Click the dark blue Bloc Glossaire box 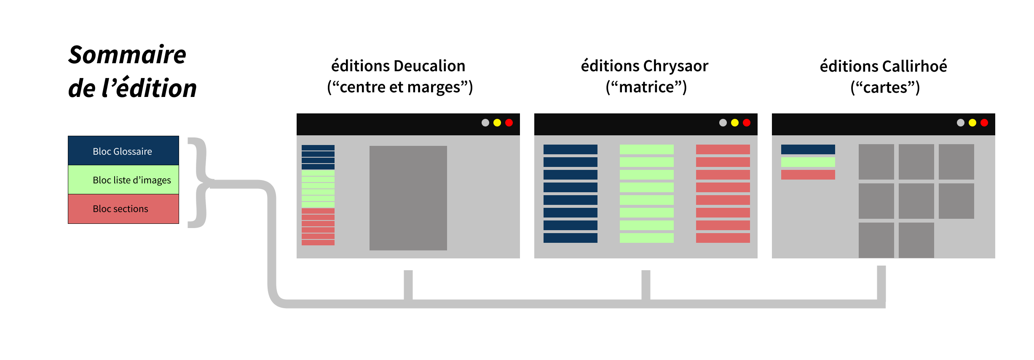123,150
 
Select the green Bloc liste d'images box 123,180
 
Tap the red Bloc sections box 123,209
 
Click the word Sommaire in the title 127,55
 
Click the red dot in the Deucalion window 509,123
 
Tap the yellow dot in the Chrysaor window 735,123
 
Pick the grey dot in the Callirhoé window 961,123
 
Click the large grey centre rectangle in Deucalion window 408,198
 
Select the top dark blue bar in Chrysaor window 570,149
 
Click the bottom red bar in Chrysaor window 723,238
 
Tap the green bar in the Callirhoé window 808,162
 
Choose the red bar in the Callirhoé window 808,175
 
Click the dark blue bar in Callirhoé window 808,149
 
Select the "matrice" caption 646,87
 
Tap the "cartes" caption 885,88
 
